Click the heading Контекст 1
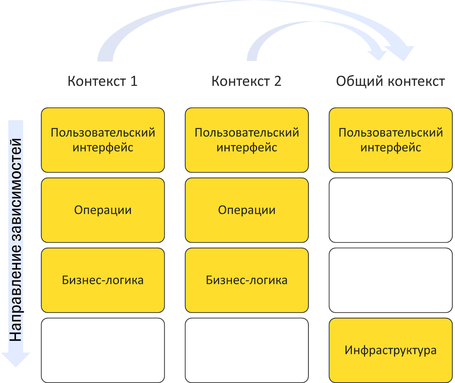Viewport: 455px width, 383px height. point(102,81)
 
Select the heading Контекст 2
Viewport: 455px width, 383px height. point(246,81)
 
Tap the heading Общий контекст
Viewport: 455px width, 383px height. point(390,81)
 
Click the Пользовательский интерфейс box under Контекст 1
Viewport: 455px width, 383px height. point(103,140)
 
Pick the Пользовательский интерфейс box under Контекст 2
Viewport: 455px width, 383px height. point(247,140)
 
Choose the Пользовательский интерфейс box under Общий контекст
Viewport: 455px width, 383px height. point(390,140)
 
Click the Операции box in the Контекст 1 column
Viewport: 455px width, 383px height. point(103,210)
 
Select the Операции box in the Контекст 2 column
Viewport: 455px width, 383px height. point(247,210)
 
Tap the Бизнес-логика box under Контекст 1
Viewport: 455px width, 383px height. point(103,280)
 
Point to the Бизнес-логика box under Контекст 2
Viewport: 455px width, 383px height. point(247,280)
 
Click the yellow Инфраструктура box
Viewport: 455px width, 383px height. point(390,350)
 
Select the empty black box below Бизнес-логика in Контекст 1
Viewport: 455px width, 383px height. point(103,350)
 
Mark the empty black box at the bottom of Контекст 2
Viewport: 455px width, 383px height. point(247,350)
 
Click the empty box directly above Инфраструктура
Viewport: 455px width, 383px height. point(390,280)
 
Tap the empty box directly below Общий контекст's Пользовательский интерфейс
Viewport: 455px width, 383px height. point(390,210)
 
